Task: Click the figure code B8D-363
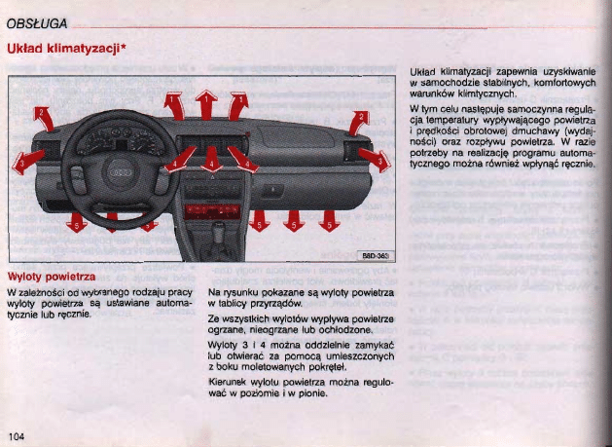click(x=374, y=255)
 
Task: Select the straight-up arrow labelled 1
click(x=206, y=105)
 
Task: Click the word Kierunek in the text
click(x=230, y=384)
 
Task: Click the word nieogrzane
click(x=272, y=330)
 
